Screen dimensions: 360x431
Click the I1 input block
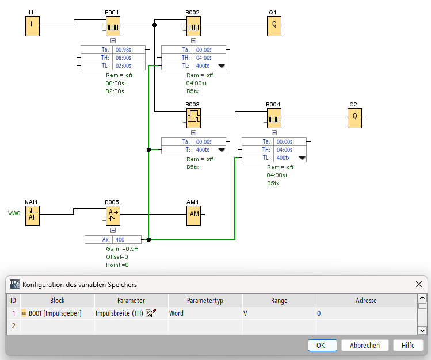32,25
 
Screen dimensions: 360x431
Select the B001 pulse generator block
112,25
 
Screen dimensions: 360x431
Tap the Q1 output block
274,25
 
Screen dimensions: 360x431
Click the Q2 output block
354,117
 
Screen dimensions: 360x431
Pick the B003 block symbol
193,117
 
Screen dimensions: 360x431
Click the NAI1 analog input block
32,215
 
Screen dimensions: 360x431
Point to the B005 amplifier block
112,215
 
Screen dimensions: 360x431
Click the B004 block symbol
274,117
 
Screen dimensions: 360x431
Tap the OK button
322,345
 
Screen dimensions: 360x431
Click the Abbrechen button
365,345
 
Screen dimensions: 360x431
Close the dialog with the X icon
419,284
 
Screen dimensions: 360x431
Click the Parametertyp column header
205,300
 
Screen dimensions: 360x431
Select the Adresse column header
366,300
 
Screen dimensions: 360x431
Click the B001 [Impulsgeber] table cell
55,313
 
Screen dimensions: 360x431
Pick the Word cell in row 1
176,313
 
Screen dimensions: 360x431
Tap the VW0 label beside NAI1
13,214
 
